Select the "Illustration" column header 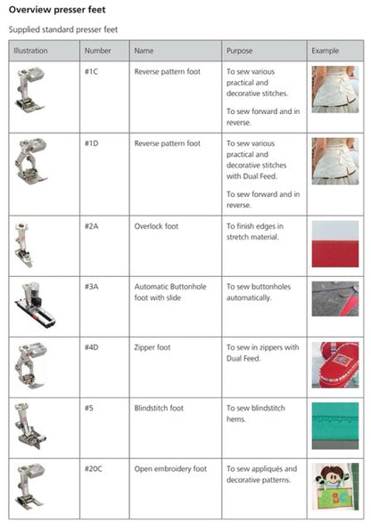click(31, 51)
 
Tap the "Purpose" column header click(240, 51)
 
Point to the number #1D click(92, 142)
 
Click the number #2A click(92, 226)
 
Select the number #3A click(92, 287)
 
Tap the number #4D click(92, 347)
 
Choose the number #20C click(94, 468)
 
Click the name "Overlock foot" click(156, 226)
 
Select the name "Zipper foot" click(153, 347)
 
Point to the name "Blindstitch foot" click(158, 408)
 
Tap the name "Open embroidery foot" click(170, 468)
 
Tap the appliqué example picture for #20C click(334, 488)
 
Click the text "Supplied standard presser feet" click(63, 29)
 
